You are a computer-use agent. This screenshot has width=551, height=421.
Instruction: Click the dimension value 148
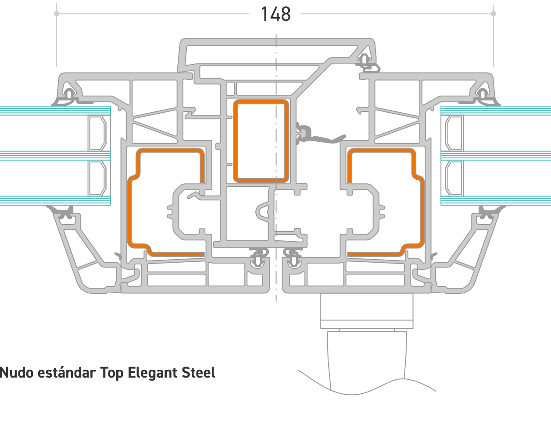(x=275, y=14)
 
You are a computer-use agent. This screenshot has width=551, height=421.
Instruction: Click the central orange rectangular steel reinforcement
(x=261, y=141)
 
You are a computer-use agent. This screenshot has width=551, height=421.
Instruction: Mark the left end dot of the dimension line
(x=57, y=14)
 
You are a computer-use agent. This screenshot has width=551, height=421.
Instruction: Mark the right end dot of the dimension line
(x=494, y=14)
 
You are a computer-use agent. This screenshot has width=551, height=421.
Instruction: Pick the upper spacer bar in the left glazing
(x=97, y=132)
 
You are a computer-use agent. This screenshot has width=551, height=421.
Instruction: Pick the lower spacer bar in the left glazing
(x=97, y=178)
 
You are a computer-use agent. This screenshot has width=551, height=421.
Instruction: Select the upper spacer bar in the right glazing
(x=454, y=132)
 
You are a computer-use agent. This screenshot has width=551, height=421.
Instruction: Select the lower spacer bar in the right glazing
(x=454, y=178)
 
